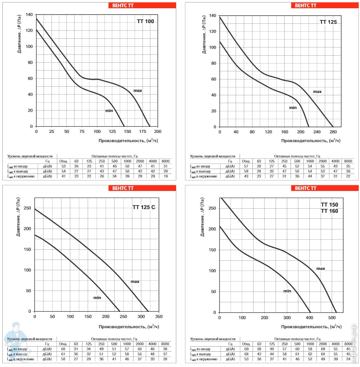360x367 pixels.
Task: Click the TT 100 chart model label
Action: click(145, 21)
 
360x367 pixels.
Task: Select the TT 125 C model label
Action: click(144, 207)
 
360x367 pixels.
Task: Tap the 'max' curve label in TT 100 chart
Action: click(137, 91)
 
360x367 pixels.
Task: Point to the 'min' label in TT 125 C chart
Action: click(97, 298)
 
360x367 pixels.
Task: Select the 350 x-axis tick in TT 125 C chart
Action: click(159, 316)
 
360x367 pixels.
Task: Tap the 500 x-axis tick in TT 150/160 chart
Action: click(333, 318)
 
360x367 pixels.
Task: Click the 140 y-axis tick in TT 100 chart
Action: click(29, 15)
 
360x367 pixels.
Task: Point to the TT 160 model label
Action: click(329, 211)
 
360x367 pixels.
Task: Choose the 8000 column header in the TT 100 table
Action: click(166, 161)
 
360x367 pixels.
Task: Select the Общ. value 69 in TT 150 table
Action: click(246, 349)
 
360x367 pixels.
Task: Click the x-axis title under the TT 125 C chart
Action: click(126, 326)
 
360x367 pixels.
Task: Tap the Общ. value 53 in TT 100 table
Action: click(63, 166)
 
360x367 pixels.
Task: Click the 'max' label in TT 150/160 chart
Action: click(321, 269)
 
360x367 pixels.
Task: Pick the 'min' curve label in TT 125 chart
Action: click(293, 107)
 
